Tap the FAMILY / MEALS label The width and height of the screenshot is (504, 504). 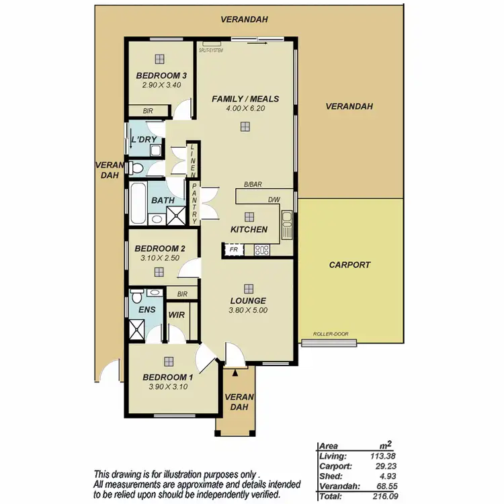245,99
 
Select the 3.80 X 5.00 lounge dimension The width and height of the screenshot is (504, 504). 249,310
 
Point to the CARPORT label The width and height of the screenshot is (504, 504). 349,265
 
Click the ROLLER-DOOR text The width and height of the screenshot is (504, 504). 329,335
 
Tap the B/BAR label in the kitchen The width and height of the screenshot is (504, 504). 253,184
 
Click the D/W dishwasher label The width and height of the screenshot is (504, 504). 274,199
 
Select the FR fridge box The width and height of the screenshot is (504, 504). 233,249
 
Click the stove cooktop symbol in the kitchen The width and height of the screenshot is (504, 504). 261,250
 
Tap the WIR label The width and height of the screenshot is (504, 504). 177,314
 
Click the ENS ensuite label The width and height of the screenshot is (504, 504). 146,310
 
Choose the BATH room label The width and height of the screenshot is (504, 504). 163,200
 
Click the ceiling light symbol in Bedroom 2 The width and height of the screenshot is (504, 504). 159,272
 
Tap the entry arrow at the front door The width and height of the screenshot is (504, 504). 237,372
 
